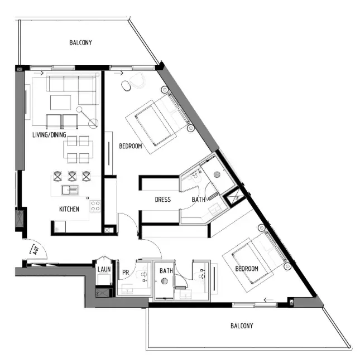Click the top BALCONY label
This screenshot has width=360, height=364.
point(80,43)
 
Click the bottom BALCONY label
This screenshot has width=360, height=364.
point(242,326)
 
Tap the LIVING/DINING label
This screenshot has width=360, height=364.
point(52,135)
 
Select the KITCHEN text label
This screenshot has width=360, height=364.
point(69,209)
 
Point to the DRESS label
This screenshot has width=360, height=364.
point(162,200)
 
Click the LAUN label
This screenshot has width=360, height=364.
point(104,270)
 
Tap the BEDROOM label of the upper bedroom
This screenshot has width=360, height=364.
point(131,147)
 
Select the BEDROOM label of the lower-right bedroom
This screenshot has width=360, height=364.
point(246,269)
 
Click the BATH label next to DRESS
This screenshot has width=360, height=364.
point(198,200)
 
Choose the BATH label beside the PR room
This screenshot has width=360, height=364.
point(166,271)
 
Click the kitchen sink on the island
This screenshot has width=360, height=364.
point(70,190)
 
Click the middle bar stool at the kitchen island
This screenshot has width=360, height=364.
point(73,176)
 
